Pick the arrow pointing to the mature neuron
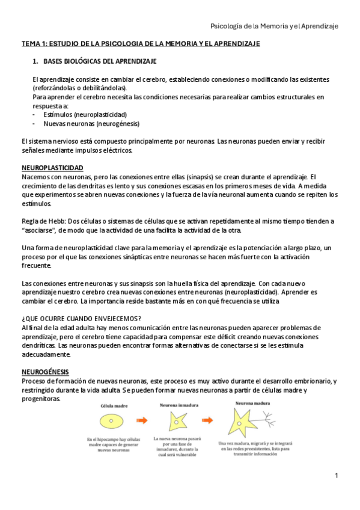coord(207,421)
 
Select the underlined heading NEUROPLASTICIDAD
coord(52,167)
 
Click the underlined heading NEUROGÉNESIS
coord(45,371)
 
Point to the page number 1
coord(337,476)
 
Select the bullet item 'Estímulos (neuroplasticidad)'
coord(85,114)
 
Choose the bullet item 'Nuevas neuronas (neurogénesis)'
coord(91,123)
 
